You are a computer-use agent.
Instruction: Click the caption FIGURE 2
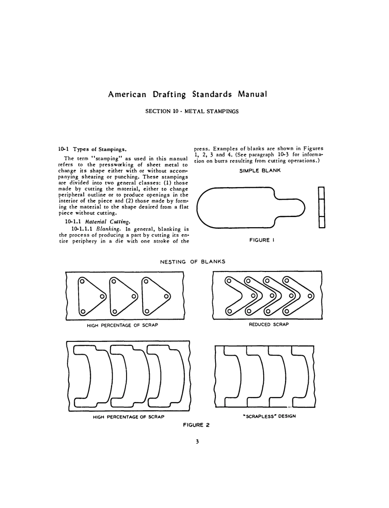(196, 424)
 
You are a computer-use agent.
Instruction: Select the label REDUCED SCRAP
(269, 324)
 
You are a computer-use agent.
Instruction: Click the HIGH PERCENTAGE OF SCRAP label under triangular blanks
(122, 325)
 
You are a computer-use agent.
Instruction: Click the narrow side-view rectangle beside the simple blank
(321, 208)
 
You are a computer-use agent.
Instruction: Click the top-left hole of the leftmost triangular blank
(82, 281)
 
